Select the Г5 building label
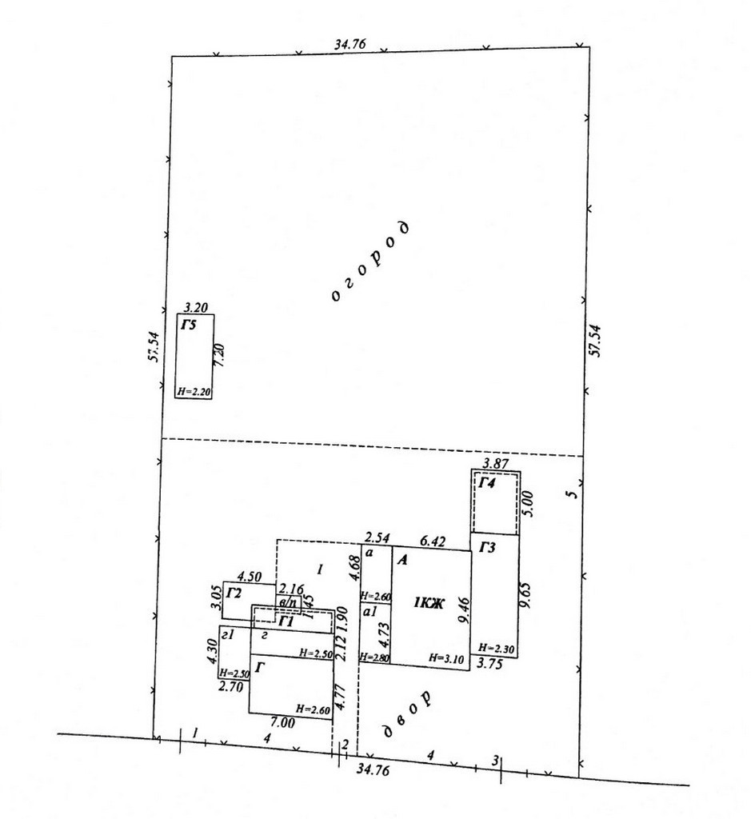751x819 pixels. pyautogui.click(x=188, y=325)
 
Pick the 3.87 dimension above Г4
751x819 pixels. pyautogui.click(x=496, y=463)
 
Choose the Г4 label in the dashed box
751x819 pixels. pyautogui.click(x=487, y=482)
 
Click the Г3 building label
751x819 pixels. pyautogui.click(x=489, y=549)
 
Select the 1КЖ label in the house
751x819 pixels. pyautogui.click(x=428, y=602)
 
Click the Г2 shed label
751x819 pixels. pyautogui.click(x=234, y=593)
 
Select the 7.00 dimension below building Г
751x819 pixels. pyautogui.click(x=282, y=723)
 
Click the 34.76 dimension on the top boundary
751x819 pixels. pyautogui.click(x=350, y=45)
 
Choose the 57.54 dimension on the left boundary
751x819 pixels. pyautogui.click(x=153, y=346)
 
